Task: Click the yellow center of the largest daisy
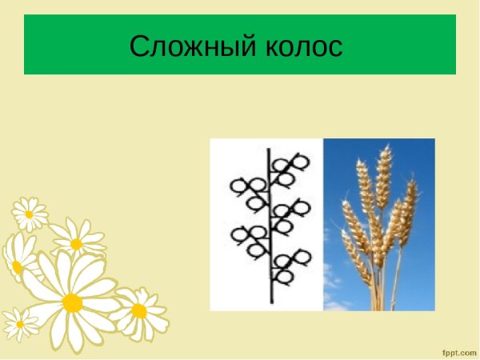(x=72, y=302)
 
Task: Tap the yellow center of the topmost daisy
(x=30, y=214)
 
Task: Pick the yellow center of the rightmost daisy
(x=139, y=310)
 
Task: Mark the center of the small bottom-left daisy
(x=20, y=323)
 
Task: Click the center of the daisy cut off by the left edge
(x=14, y=266)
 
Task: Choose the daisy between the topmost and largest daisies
(x=77, y=243)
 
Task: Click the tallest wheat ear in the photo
(x=383, y=180)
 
